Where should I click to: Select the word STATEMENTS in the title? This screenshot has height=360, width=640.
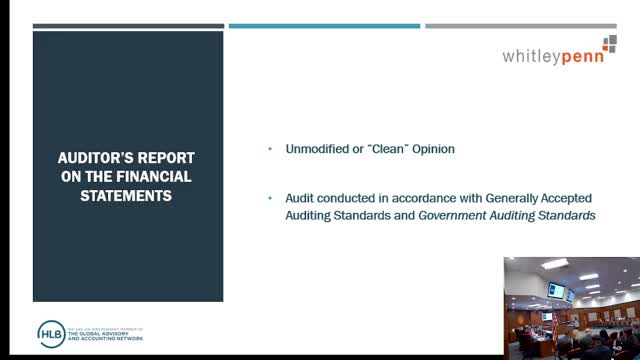[127, 195]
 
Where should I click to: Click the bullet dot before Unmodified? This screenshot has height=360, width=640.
[270, 149]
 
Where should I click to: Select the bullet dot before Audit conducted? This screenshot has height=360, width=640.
[270, 198]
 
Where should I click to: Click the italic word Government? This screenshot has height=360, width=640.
[458, 215]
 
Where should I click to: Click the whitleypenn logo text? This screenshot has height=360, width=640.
[559, 57]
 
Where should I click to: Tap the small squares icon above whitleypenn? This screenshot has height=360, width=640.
[610, 43]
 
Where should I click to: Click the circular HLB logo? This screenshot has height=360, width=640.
[50, 333]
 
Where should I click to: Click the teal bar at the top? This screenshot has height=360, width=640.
[324, 26]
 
